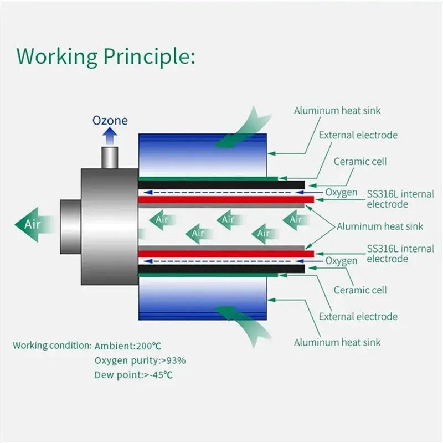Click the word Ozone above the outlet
pyautogui.click(x=110, y=120)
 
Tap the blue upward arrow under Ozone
pyautogui.click(x=110, y=136)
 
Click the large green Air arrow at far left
pyautogui.click(x=34, y=225)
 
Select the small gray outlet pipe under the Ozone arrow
pyautogui.click(x=110, y=158)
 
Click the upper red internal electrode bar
pyautogui.click(x=226, y=200)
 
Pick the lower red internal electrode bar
pyautogui.click(x=226, y=254)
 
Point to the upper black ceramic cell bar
pyautogui.click(x=221, y=185)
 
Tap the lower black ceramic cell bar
pyautogui.click(x=221, y=269)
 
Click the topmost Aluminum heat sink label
pyautogui.click(x=337, y=110)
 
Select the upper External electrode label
pyautogui.click(x=358, y=135)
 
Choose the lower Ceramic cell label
pyautogui.click(x=360, y=290)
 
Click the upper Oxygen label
pyautogui.click(x=341, y=193)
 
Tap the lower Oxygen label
pyautogui.click(x=341, y=261)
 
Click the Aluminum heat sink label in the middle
pyautogui.click(x=380, y=226)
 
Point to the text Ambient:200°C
pyautogui.click(x=128, y=346)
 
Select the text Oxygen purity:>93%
pyautogui.click(x=140, y=361)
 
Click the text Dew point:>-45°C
pyautogui.click(x=133, y=375)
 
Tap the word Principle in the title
pyautogui.click(x=149, y=57)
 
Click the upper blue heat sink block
pyautogui.click(x=202, y=155)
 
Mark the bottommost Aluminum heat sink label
pyautogui.click(x=337, y=342)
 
